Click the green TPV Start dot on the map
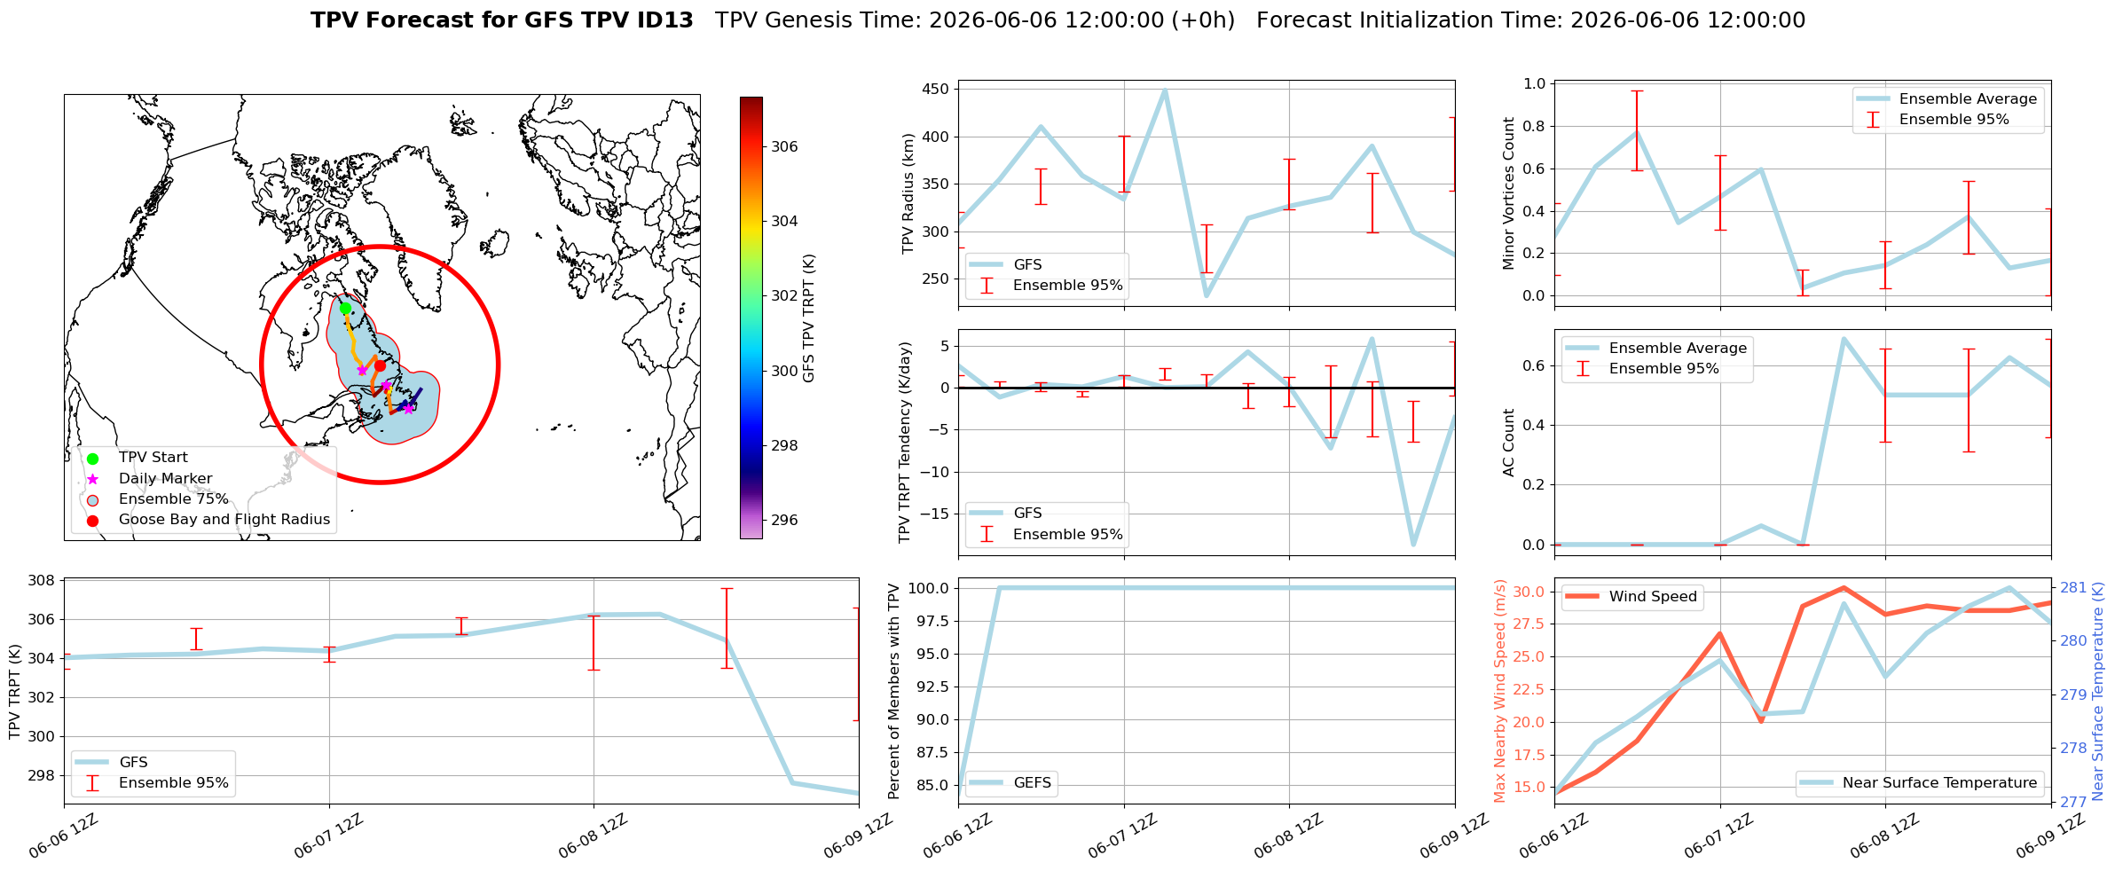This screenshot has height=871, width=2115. (x=345, y=308)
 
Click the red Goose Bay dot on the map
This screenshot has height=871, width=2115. (x=380, y=365)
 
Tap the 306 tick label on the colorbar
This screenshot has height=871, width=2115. (x=784, y=146)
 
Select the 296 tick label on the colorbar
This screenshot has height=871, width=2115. (x=784, y=520)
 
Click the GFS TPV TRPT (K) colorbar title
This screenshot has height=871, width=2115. (x=808, y=318)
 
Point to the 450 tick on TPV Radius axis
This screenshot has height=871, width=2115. (x=937, y=89)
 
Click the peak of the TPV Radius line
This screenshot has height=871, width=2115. (x=1164, y=90)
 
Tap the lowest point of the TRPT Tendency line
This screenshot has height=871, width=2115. (x=1413, y=545)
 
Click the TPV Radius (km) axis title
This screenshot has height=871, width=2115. (x=908, y=193)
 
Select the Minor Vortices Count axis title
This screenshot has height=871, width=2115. (x=1509, y=193)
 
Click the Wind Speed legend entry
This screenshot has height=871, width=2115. (x=1631, y=597)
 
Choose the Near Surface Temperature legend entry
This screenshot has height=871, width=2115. (x=1920, y=782)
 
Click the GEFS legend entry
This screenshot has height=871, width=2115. (x=1010, y=782)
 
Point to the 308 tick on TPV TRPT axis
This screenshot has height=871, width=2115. (x=43, y=581)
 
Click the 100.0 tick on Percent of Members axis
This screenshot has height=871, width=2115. (x=930, y=588)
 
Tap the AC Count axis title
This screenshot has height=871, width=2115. (x=1509, y=443)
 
